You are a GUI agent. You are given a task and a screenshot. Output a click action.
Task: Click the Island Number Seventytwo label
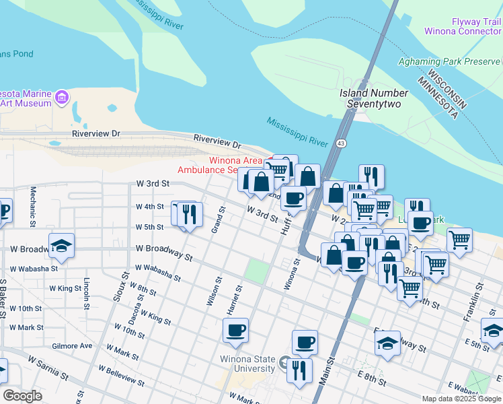click(373, 98)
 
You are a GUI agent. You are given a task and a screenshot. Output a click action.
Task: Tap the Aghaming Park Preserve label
click(449, 61)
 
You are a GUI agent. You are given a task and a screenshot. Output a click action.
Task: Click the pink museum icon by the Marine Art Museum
click(62, 98)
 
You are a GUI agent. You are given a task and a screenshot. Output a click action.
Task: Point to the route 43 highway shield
click(342, 143)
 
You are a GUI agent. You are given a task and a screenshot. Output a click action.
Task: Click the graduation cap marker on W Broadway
click(61, 246)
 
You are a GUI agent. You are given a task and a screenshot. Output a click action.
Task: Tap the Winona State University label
click(247, 364)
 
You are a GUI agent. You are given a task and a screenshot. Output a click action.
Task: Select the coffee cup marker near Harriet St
click(235, 331)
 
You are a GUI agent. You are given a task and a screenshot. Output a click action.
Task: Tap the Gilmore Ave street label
click(71, 345)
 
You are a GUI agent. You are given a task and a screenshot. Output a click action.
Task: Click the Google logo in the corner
click(22, 396)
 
